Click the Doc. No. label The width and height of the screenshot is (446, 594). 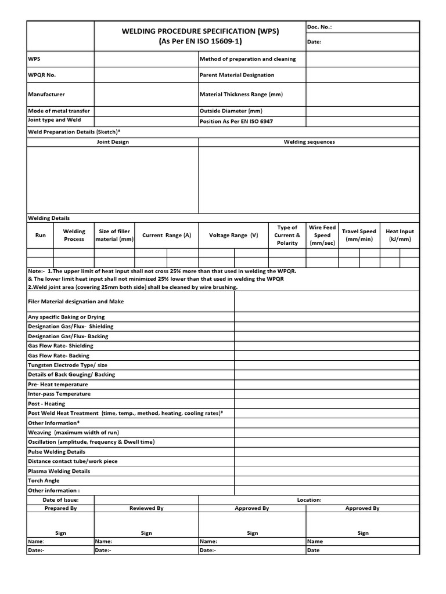pyautogui.click(x=319, y=27)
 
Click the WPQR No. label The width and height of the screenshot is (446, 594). pyautogui.click(x=42, y=75)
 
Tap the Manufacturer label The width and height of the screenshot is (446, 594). pyautogui.click(x=46, y=94)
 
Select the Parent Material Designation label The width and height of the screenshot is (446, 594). pyautogui.click(x=236, y=75)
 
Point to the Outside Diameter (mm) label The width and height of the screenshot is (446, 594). pyautogui.click(x=231, y=111)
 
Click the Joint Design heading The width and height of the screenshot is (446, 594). pyautogui.click(x=113, y=142)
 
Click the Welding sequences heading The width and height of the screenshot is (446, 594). pyautogui.click(x=309, y=142)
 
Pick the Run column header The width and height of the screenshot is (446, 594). pyautogui.click(x=40, y=236)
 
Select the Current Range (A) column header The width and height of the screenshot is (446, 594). pyautogui.click(x=166, y=236)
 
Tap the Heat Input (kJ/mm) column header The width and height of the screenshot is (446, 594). pyautogui.click(x=400, y=236)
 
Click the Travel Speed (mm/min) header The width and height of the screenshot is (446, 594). pyautogui.click(x=359, y=236)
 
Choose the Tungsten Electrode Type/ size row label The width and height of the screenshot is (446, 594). pyautogui.click(x=67, y=365)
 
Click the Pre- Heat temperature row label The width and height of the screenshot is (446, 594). pyautogui.click(x=58, y=385)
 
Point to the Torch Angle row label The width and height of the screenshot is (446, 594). pyautogui.click(x=44, y=481)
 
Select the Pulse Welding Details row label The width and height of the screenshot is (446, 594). pyautogui.click(x=57, y=452)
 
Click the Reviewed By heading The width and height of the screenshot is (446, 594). pyautogui.click(x=146, y=508)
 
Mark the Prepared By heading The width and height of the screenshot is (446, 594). pyautogui.click(x=60, y=508)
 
